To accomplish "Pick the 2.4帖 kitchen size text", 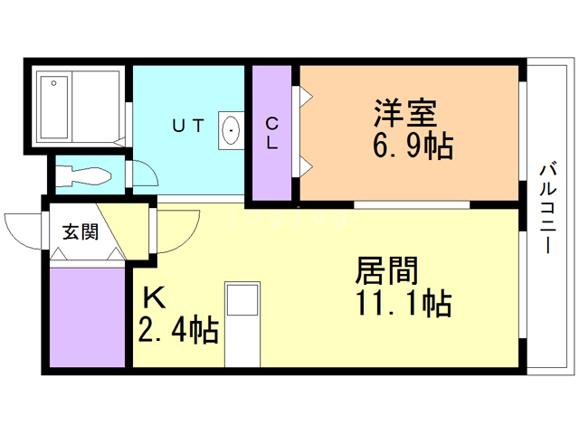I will point(178,330).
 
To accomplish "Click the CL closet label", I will point(271,132).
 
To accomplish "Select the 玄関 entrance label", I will point(80,231).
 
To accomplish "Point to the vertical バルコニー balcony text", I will point(548,208).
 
